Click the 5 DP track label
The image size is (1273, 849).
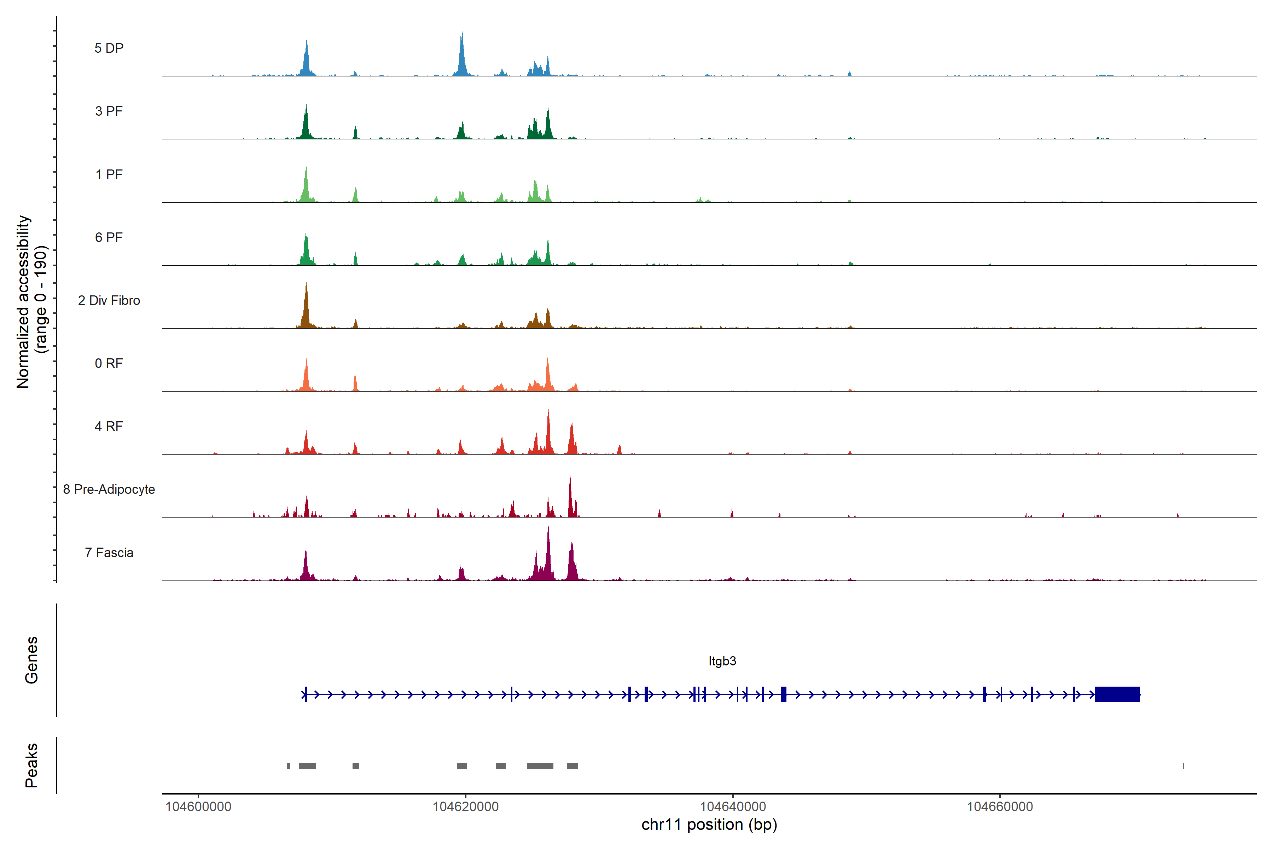pos(109,48)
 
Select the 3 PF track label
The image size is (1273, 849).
pos(109,111)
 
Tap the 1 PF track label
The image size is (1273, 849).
pos(109,174)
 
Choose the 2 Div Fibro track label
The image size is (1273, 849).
pos(109,300)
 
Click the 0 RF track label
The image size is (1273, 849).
pos(109,363)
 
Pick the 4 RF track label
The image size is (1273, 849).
pos(109,426)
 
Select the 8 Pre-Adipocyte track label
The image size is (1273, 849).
pos(109,490)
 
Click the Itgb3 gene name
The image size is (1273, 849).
pos(722,661)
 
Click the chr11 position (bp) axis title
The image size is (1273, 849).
pos(709,825)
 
